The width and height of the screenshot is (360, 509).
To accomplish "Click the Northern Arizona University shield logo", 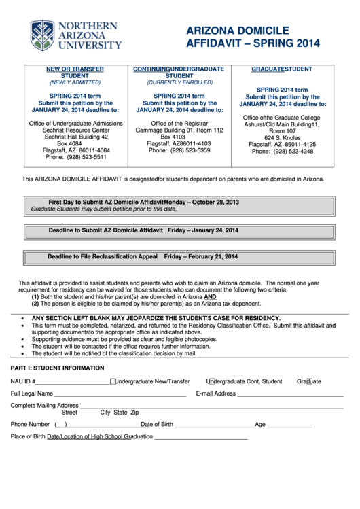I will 42,36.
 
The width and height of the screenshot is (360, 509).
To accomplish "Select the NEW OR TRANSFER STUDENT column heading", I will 75,73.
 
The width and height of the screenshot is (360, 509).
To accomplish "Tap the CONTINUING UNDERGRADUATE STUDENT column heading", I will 179,73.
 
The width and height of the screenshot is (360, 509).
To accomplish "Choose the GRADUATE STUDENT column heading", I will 282,69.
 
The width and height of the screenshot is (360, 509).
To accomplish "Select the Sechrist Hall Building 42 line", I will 75,137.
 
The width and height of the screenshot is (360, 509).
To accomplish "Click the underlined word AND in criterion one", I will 211,297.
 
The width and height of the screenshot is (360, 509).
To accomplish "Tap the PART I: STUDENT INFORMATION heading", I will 58,368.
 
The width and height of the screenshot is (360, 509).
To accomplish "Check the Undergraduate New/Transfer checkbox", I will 113,381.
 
